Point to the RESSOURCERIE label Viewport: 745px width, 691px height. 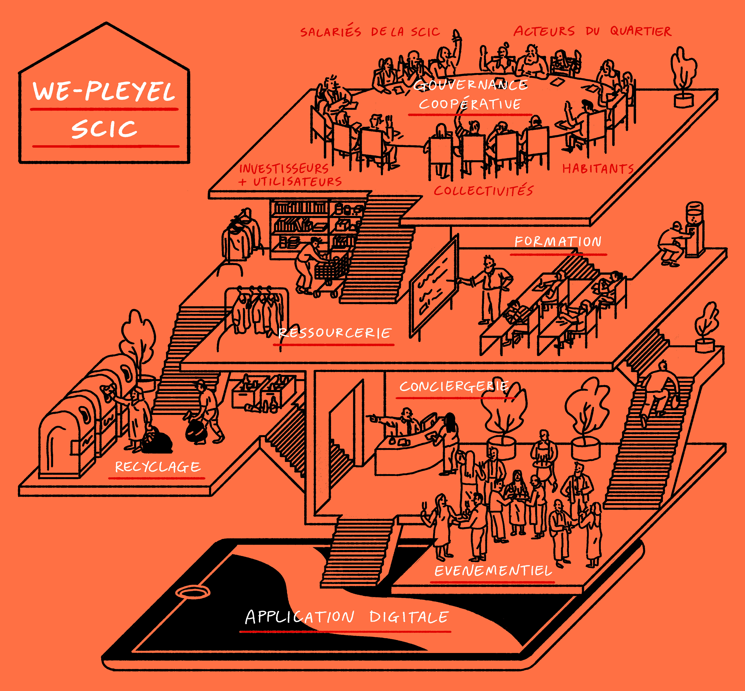[x=335, y=333]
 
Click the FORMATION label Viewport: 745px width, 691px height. [x=558, y=241]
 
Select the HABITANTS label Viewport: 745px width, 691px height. [x=598, y=169]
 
